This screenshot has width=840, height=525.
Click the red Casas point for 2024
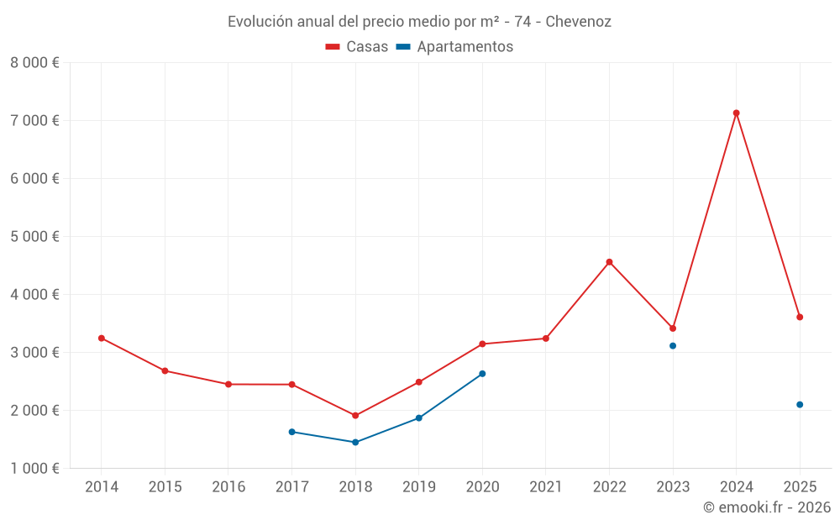[736, 113]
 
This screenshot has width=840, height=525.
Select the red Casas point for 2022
[609, 262]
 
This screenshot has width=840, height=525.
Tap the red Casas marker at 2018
[355, 416]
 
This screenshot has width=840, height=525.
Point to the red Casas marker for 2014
[102, 338]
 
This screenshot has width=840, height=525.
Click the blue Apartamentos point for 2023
[673, 346]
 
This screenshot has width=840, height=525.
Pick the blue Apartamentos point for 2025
[800, 405]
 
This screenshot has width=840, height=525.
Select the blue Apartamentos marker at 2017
[291, 432]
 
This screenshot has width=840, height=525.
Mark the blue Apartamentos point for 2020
[482, 374]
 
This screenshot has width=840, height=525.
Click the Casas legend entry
[357, 47]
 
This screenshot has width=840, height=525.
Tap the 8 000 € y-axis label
[34, 62]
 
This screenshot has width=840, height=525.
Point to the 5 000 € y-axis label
[34, 236]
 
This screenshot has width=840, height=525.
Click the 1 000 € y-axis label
[34, 469]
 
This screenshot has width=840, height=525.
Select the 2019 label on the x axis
[418, 487]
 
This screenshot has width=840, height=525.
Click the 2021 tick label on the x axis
[545, 487]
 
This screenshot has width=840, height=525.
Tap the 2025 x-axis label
[800, 487]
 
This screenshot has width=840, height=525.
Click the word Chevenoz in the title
[578, 21]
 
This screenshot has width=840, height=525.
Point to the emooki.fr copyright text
[766, 507]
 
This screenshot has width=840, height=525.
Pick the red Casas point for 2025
[800, 317]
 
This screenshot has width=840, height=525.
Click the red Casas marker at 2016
[228, 384]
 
